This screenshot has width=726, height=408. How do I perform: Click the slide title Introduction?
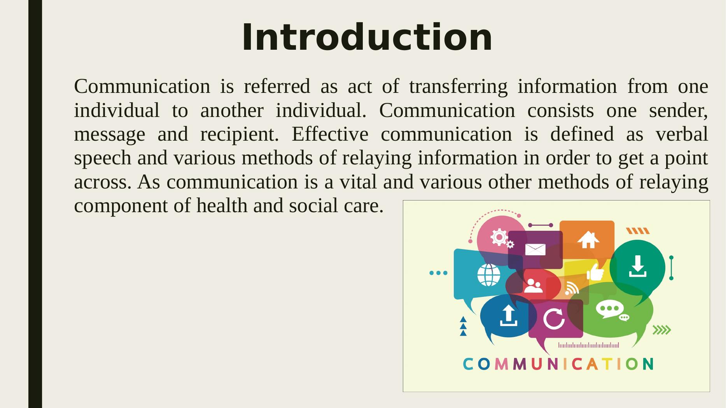(x=367, y=37)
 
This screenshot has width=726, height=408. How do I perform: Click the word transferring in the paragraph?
(x=458, y=86)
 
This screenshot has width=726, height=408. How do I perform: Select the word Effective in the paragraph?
(x=330, y=134)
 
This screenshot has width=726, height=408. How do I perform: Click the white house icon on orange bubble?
(x=588, y=239)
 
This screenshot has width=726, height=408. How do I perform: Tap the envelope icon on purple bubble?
(x=535, y=249)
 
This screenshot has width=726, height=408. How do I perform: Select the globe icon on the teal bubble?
(x=489, y=275)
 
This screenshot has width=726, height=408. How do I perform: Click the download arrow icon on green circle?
(x=637, y=266)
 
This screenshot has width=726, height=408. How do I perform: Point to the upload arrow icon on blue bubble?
(x=508, y=315)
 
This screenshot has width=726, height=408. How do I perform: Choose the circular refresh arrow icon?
(x=554, y=319)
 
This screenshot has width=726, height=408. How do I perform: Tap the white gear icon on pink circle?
(x=499, y=237)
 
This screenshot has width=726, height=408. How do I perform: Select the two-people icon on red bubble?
(x=533, y=286)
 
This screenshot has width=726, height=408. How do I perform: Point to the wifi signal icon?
(x=572, y=288)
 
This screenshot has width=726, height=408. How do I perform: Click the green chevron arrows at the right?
(x=661, y=330)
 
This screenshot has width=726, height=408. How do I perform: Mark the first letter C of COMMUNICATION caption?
(x=468, y=364)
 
